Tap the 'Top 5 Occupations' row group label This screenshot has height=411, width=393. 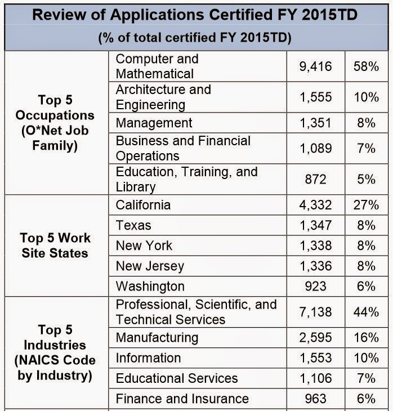[x=55, y=123]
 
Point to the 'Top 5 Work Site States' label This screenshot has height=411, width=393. [x=55, y=245]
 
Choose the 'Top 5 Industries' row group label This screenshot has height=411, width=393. [x=55, y=352]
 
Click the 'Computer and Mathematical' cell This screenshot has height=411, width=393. [x=157, y=66]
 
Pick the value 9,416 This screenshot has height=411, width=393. [x=315, y=66]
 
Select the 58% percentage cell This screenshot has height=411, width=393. [x=366, y=66]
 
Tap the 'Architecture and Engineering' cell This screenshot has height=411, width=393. [x=163, y=97]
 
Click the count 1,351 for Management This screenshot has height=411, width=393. [x=315, y=123]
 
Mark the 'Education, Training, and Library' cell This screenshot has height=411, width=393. [x=186, y=179]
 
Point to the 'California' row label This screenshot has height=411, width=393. [x=143, y=205]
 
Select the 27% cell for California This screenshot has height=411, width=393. [x=366, y=205]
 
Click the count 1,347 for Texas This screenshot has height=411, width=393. [x=315, y=225]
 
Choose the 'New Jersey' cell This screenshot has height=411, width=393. [x=150, y=266]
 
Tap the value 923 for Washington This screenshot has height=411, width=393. [x=315, y=286]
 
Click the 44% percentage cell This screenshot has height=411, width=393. [x=366, y=311]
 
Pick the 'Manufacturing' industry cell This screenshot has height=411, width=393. [x=157, y=337]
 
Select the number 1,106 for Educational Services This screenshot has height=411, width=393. [x=315, y=378]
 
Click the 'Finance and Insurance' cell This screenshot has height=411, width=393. [x=182, y=399]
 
